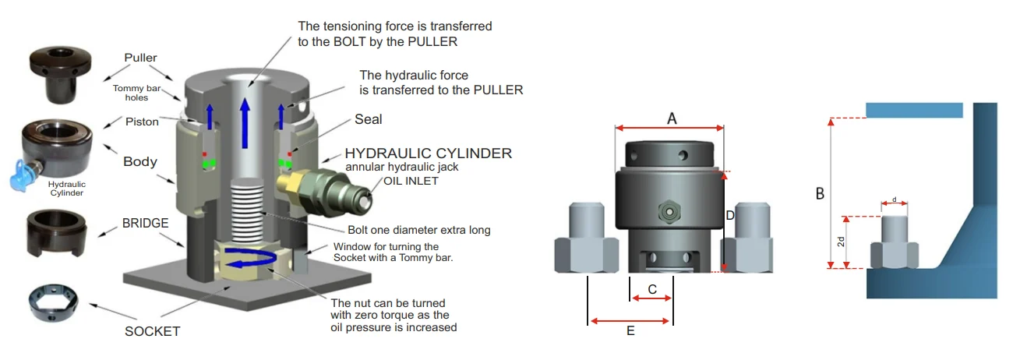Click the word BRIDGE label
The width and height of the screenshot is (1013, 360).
146,223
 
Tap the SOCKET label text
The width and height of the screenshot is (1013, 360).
152,331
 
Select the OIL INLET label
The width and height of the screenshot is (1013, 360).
410,181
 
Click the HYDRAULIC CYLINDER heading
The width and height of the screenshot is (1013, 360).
428,154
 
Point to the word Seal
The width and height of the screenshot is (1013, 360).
368,120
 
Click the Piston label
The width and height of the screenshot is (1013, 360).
142,122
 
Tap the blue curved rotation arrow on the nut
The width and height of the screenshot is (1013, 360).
250,260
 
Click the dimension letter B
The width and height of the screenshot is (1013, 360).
819,192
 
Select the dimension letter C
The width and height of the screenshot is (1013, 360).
652,288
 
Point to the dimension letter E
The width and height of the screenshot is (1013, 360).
630,330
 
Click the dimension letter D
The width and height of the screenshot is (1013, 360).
730,214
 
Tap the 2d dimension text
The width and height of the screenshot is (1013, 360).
841,242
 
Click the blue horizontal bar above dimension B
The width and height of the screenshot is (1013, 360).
912,111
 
